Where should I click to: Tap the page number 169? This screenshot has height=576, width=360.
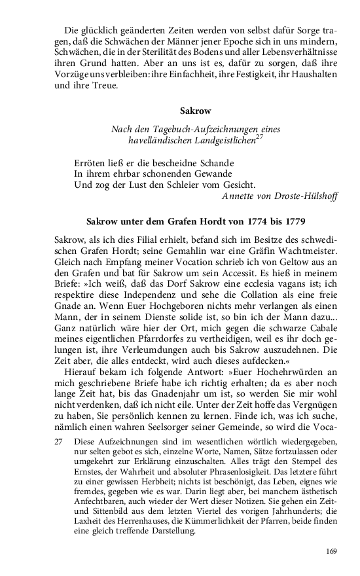click(331, 551)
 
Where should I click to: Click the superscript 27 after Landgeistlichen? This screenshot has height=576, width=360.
click(260, 137)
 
